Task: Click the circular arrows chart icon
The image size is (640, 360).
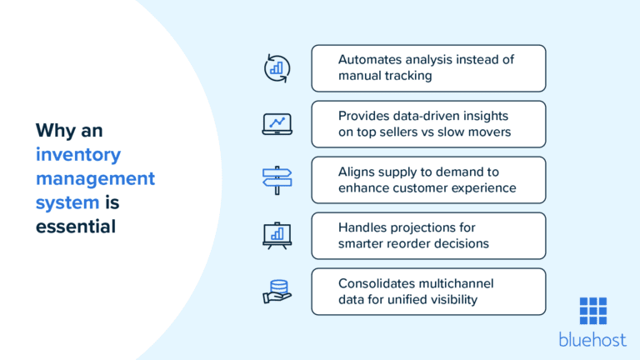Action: coord(277,67)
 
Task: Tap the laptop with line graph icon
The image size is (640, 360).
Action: coord(277,124)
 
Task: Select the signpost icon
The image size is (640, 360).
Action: coord(277,179)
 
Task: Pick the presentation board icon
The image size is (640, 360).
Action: coord(277,235)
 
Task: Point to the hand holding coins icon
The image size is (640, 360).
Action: coord(277,291)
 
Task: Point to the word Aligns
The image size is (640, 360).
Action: coord(357,172)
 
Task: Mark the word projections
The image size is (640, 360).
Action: coord(431,227)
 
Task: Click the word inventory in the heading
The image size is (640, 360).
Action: coord(78,154)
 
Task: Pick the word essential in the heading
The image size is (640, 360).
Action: coord(75,226)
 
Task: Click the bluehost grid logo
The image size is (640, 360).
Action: coord(592,311)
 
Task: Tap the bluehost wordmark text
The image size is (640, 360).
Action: coord(592,339)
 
